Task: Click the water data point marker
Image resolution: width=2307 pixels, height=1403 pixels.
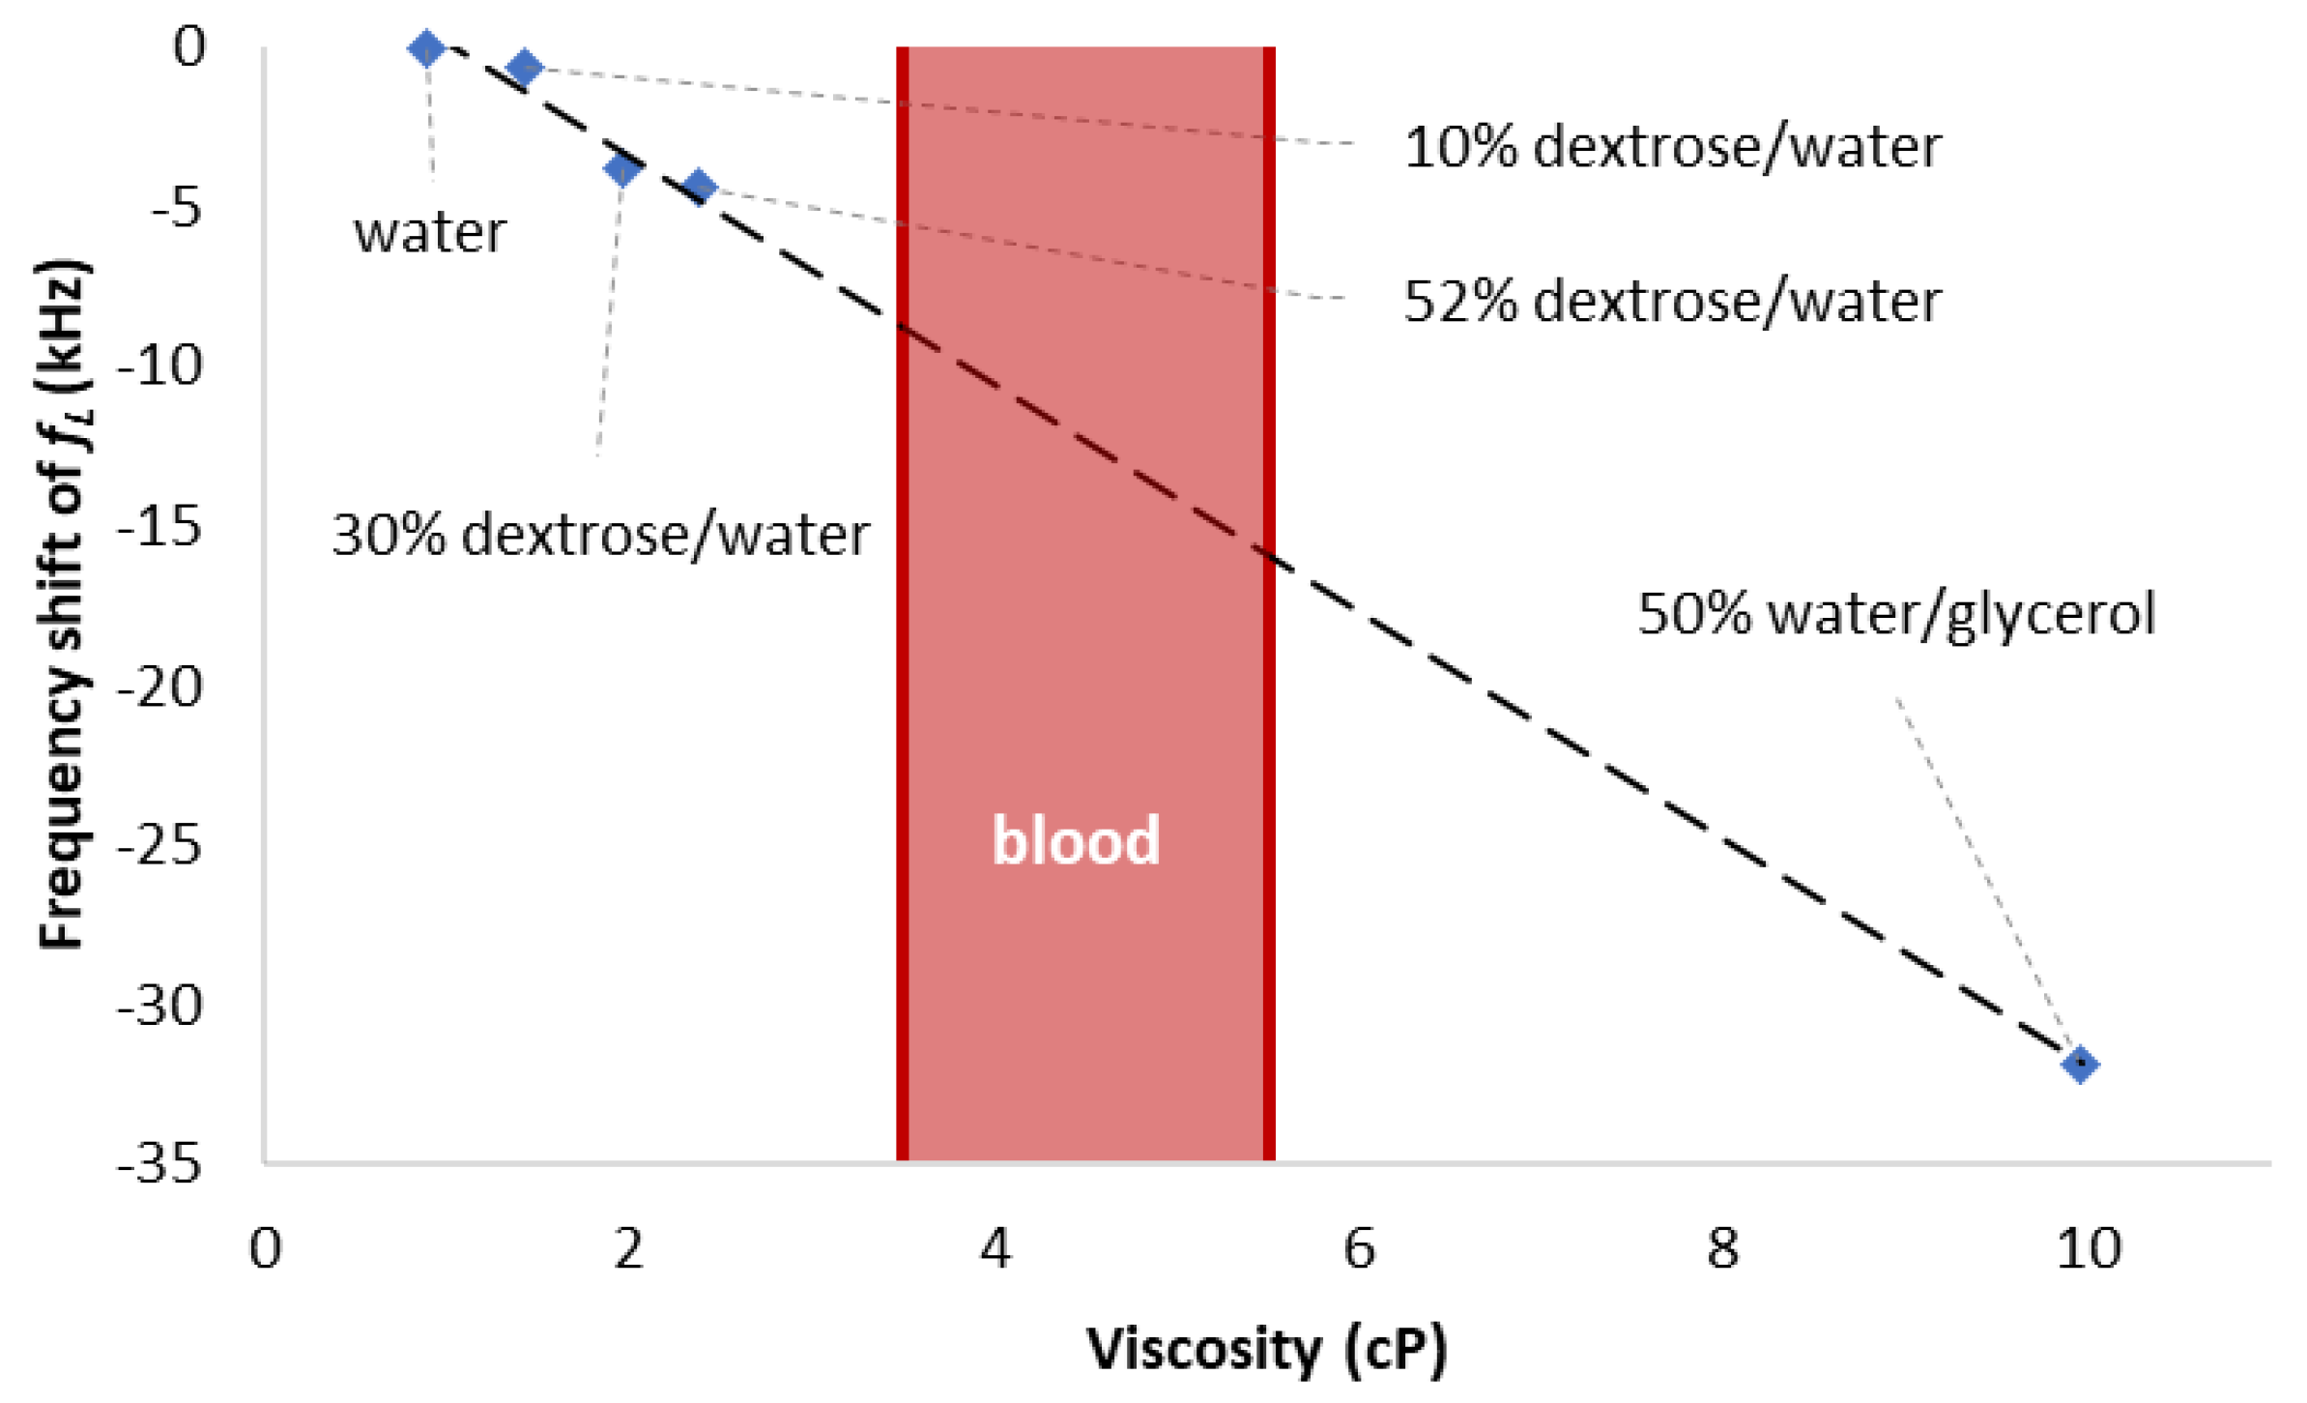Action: (426, 47)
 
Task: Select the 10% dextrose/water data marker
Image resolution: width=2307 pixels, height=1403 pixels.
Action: (525, 68)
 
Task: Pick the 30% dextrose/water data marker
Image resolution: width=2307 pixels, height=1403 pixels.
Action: (623, 169)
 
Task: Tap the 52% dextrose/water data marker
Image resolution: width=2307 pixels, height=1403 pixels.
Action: (700, 187)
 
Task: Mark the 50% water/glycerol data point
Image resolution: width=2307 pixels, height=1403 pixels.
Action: (2080, 1065)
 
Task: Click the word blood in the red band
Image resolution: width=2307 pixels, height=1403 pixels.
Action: (1076, 839)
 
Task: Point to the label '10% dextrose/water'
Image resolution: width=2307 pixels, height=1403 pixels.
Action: (1672, 147)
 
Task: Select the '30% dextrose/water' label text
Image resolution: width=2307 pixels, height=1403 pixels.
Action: (600, 534)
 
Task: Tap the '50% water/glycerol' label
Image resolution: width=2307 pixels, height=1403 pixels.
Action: (1896, 613)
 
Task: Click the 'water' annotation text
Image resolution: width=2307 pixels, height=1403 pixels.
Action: (430, 232)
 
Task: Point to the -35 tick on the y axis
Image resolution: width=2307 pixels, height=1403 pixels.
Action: (160, 1163)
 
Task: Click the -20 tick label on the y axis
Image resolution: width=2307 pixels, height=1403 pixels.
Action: (160, 687)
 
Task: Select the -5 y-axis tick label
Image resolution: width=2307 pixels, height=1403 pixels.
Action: (177, 207)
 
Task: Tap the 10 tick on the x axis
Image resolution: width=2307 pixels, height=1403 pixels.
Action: (2088, 1248)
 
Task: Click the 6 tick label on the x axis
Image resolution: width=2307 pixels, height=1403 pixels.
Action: (1359, 1248)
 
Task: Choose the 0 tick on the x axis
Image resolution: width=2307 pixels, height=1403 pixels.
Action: (265, 1248)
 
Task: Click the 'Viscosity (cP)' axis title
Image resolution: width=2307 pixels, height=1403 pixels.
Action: (1267, 1349)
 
